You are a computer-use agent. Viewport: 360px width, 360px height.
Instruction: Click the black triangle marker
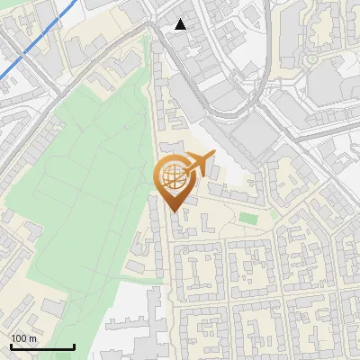tap(181, 24)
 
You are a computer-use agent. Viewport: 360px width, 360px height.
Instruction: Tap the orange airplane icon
tap(199, 163)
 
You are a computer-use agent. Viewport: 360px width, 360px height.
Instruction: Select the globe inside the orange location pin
tap(173, 175)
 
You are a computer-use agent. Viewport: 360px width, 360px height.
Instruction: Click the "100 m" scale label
tap(24, 338)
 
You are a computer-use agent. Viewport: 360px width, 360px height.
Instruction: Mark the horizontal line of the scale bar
tap(41, 347)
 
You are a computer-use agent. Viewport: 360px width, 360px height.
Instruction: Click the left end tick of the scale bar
tap(11, 346)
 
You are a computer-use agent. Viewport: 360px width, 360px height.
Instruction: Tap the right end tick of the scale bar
tap(73, 346)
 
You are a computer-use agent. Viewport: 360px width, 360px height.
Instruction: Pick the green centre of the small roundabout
tap(312, 60)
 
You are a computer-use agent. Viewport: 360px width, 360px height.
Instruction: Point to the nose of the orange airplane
tap(213, 157)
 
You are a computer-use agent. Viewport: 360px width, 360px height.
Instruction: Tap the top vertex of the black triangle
tap(181, 19)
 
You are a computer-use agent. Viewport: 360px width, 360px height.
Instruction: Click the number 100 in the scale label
tap(20, 338)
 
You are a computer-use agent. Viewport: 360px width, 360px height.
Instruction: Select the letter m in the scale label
tap(33, 339)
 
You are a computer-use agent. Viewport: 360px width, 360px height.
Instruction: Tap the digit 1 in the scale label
tap(13, 338)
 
